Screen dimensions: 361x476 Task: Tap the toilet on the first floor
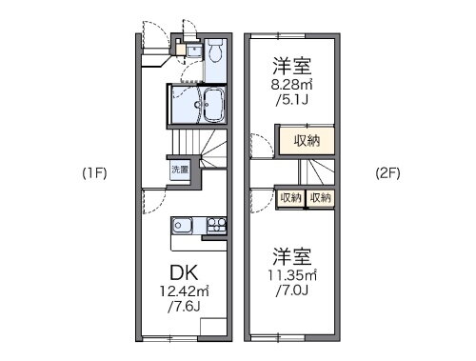click(213, 51)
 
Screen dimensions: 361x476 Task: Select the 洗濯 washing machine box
click(179, 169)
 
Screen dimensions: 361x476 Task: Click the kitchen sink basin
click(184, 227)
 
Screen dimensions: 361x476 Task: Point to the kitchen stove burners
click(216, 227)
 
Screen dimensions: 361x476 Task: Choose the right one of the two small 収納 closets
click(321, 197)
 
